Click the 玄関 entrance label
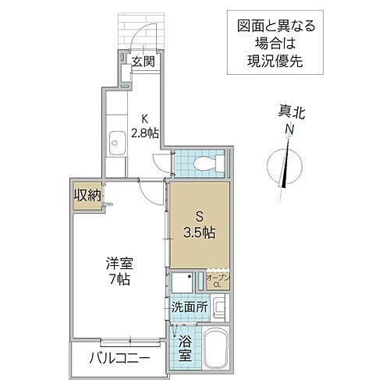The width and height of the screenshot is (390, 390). point(142,62)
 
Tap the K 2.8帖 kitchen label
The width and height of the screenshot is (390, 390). point(146,126)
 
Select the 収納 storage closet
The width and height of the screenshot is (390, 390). point(87,195)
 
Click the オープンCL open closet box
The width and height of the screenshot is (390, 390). point(218,279)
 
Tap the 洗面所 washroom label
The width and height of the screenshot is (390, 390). point(188,307)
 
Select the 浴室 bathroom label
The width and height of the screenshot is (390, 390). point(185,347)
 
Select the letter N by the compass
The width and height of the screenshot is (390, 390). point(288,129)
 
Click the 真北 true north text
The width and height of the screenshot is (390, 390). point(289,114)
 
